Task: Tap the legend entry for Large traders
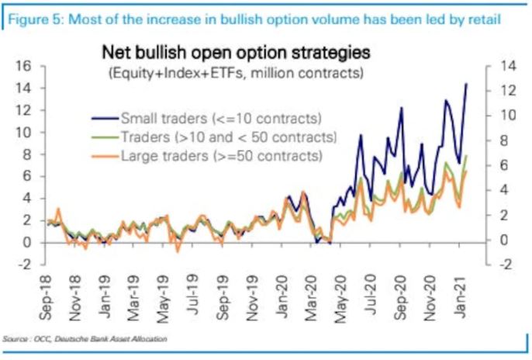[221, 156]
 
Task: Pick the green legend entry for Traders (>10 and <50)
[228, 137]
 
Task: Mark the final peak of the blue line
[467, 84]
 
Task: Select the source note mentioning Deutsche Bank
[85, 339]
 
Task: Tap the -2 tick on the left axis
[22, 265]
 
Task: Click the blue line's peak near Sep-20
[402, 108]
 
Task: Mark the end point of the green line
[467, 156]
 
